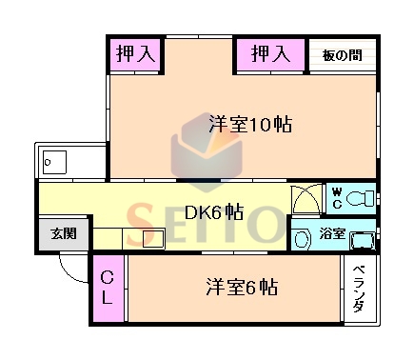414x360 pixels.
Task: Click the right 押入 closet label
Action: pos(269,54)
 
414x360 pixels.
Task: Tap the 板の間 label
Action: pos(341,54)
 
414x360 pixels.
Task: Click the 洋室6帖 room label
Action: pos(240,287)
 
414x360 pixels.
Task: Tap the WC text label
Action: pos(336,198)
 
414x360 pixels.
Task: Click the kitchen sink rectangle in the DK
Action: pos(153,238)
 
